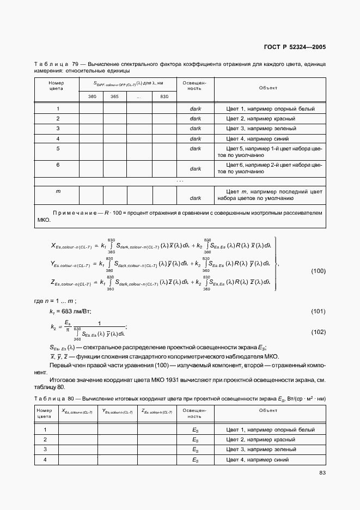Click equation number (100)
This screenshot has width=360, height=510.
(x=318, y=271)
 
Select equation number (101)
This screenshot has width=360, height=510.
(x=318, y=311)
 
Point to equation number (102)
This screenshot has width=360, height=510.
(x=318, y=332)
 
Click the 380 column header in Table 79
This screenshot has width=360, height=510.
(x=92, y=96)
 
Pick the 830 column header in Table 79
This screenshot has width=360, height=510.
(x=164, y=96)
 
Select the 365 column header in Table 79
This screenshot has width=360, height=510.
(x=114, y=96)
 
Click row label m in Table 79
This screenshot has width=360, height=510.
(x=58, y=191)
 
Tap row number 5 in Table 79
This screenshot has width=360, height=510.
(x=58, y=148)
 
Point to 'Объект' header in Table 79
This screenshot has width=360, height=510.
(x=268, y=87)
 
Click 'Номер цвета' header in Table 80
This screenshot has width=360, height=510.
(x=45, y=412)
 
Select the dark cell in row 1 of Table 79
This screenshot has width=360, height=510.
(x=195, y=108)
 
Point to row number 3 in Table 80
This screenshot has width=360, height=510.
(x=45, y=449)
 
